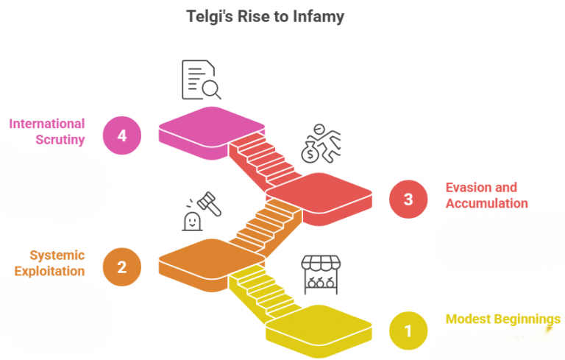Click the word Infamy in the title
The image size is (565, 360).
coord(316,15)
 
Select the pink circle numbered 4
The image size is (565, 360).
coord(122,135)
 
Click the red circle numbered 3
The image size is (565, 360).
coord(408,200)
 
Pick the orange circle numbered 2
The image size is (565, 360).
coord(122,266)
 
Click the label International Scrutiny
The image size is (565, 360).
coord(47,131)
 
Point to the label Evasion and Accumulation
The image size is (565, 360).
coord(486,195)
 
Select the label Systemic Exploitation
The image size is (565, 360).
coord(57,263)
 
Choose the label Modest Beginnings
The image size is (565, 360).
coord(502,319)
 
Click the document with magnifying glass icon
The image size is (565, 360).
coord(200,80)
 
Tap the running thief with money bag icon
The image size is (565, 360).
coord(321,143)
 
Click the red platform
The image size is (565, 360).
coord(318,192)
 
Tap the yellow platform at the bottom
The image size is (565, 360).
coord(318,324)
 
